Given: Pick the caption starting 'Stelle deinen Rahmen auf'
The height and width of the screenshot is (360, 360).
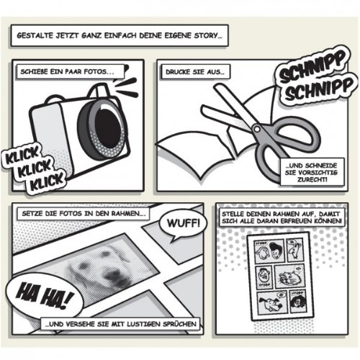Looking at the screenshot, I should pyautogui.click(x=282, y=221).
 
